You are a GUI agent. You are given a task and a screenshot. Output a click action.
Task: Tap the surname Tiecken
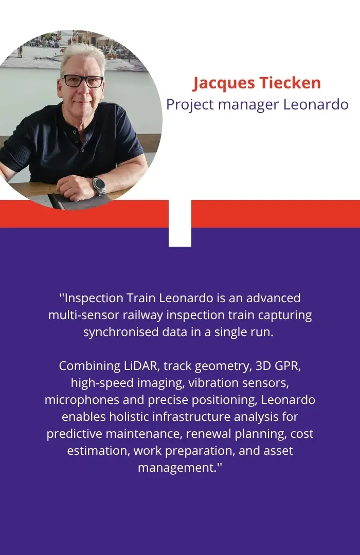(x=290, y=82)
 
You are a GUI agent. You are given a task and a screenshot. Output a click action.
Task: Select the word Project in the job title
(x=190, y=105)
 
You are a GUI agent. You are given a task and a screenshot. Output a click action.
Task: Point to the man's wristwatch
(x=99, y=185)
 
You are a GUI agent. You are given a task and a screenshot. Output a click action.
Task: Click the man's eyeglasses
(x=83, y=81)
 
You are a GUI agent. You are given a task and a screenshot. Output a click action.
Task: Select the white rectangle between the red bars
(x=180, y=223)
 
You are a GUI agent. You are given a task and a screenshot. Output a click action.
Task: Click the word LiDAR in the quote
(x=141, y=366)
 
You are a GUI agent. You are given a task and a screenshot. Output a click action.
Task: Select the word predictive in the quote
(x=75, y=434)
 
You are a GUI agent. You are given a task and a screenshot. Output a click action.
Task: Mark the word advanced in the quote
(x=273, y=298)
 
